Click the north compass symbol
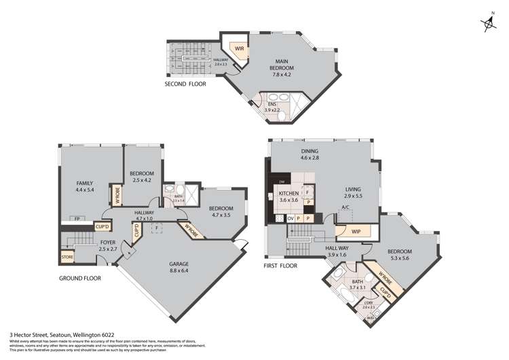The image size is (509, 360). [489, 24]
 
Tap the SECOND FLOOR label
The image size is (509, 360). [185, 84]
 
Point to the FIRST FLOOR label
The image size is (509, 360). [282, 266]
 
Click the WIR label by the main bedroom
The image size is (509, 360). [240, 49]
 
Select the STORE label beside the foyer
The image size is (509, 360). [67, 257]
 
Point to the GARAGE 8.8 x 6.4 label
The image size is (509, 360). [179, 268]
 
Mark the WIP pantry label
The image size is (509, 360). [356, 231]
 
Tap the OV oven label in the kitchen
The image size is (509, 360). [290, 218]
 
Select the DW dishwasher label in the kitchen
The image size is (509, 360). [281, 182]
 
